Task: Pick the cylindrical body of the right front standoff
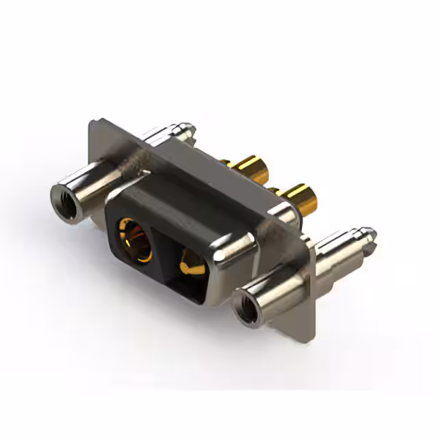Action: pyautogui.click(x=274, y=287)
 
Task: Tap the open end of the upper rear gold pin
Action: pyautogui.click(x=263, y=164)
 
